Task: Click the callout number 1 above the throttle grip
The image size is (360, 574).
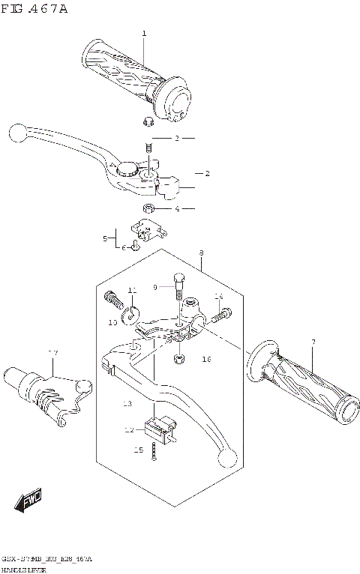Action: point(144,34)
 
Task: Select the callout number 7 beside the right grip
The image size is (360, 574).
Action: point(313,342)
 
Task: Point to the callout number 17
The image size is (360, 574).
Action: point(52,353)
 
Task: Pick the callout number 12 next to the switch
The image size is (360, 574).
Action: point(129,430)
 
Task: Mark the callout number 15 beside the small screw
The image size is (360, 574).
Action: point(138,450)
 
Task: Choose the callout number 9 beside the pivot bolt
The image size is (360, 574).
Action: point(156,286)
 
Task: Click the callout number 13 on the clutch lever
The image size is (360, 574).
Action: point(127,404)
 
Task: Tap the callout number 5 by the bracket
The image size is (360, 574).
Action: point(106,238)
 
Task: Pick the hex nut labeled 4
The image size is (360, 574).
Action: point(148,208)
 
